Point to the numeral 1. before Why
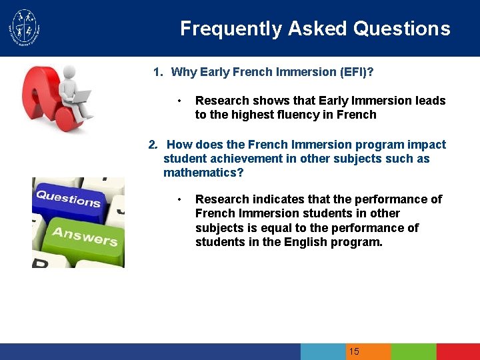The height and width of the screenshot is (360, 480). click(158, 72)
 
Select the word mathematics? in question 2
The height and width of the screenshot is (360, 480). click(203, 173)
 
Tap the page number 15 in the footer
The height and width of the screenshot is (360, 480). click(354, 351)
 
